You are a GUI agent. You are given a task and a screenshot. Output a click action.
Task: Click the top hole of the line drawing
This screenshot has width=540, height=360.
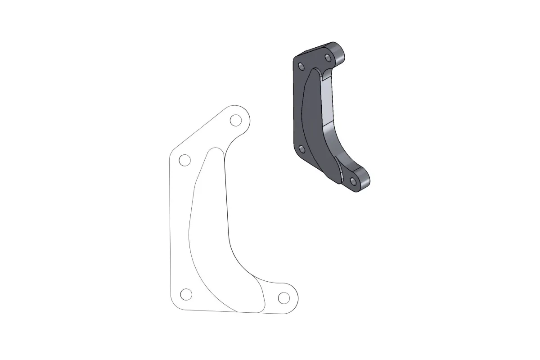235,120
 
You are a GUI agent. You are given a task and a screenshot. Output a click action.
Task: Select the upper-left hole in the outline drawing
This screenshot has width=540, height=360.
184,160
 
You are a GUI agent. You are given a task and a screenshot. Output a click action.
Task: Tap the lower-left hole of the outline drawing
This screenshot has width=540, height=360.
185,294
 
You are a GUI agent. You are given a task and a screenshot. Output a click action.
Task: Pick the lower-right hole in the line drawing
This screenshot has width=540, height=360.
283,297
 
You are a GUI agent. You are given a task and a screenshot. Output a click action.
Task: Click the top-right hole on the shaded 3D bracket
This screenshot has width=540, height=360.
328,57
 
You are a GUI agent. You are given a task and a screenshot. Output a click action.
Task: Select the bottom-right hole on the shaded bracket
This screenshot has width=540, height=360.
353,181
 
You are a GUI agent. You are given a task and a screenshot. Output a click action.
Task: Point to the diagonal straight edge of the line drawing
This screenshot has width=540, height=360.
198,128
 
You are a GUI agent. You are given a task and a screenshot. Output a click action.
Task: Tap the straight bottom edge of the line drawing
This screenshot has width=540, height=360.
225,311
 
